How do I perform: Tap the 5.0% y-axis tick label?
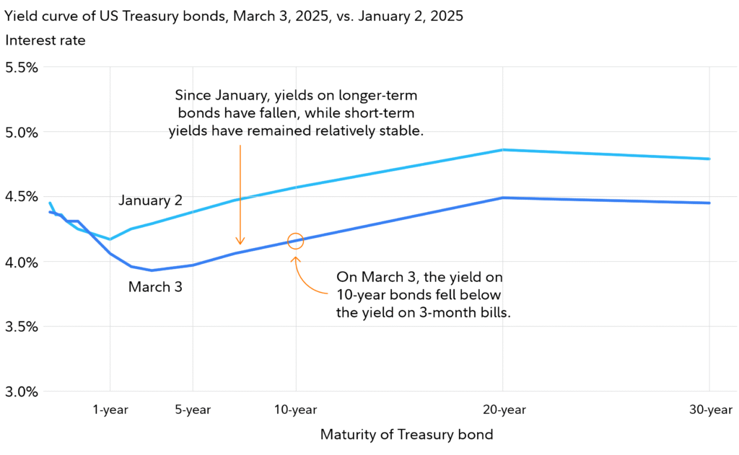point(21,132)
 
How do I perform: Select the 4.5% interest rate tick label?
point(21,197)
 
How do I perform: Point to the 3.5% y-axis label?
point(21,327)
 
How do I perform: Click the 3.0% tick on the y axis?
point(21,392)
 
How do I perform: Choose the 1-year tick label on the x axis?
point(110,410)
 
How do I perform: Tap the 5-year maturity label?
point(193,410)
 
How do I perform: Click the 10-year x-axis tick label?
point(296,410)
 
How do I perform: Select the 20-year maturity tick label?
point(502,410)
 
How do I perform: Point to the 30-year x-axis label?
point(709,410)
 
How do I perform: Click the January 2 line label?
point(150,200)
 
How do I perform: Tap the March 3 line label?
point(155,286)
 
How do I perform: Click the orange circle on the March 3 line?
point(296,241)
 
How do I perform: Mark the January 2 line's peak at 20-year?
point(502,150)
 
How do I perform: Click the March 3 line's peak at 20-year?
point(502,198)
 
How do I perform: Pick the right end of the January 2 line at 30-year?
point(709,159)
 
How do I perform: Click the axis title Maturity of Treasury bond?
point(406,435)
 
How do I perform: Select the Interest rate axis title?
point(45,40)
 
